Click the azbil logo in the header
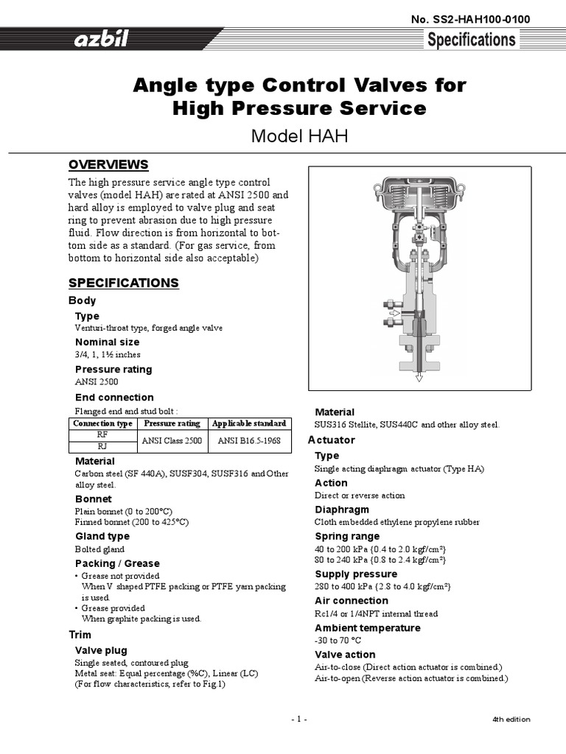pos(101,40)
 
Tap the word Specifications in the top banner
pos(472,40)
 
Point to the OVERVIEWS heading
pos(108,164)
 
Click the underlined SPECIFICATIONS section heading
pos(123,283)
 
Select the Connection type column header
pos(103,423)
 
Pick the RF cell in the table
pos(103,435)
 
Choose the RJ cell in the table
pos(103,446)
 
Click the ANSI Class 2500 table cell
pos(172,440)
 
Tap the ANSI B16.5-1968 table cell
pos(249,440)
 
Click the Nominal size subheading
pos(107,342)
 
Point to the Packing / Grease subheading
pos(116,563)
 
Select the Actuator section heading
pos(331,440)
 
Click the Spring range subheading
pos(347,536)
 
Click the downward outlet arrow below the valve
pos(419,377)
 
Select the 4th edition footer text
pos(511,719)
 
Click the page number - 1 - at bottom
pos(298,719)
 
